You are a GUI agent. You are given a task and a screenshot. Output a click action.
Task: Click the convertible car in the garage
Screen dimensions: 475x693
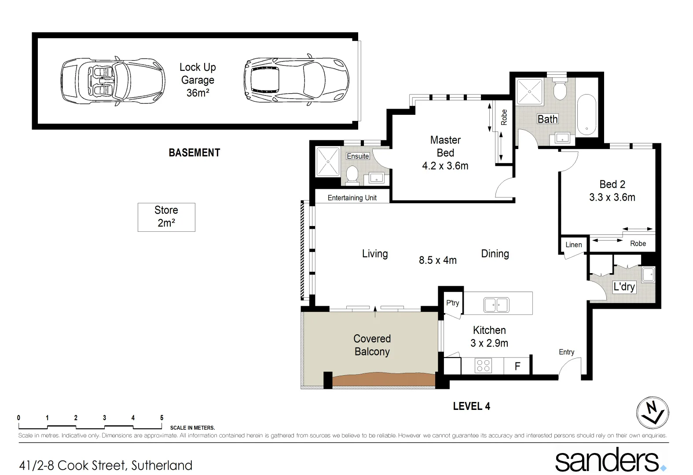tap(112, 81)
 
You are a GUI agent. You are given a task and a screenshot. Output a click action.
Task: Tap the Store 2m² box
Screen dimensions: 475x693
tap(166, 217)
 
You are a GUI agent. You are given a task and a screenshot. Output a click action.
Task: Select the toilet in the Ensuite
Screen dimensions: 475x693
tap(352, 174)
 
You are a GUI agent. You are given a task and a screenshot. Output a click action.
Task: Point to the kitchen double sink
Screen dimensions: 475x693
tap(496, 305)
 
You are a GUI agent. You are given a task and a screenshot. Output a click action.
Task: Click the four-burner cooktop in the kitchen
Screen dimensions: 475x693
tap(483, 366)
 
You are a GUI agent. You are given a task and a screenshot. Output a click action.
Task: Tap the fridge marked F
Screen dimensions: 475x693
tap(517, 366)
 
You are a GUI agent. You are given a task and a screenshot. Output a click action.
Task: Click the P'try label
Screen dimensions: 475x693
tap(452, 303)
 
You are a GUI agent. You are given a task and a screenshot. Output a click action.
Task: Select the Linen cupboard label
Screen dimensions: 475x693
tap(573, 245)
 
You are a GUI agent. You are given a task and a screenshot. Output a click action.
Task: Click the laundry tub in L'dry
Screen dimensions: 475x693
tap(648, 275)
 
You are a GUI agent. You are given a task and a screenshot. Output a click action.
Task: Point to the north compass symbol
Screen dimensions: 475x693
tap(653, 413)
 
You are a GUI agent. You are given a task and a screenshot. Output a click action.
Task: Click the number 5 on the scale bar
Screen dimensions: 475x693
tap(161, 418)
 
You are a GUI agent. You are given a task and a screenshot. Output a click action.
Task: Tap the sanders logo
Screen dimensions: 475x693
tap(609, 460)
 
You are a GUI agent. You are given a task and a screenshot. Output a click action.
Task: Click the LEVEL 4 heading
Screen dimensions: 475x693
tap(471, 406)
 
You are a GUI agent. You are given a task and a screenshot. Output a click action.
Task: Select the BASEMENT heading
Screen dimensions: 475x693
tap(194, 153)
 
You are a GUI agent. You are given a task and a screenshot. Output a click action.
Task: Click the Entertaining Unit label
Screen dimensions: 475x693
tap(352, 198)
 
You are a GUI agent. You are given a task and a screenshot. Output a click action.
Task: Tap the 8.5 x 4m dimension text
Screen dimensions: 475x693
tap(437, 260)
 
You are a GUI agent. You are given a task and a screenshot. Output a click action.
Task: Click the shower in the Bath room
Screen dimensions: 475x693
tap(529, 91)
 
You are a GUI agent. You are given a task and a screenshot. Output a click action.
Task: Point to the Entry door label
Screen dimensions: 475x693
tap(566, 352)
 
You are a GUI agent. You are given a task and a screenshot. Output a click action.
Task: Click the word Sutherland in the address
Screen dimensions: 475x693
tap(161, 465)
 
